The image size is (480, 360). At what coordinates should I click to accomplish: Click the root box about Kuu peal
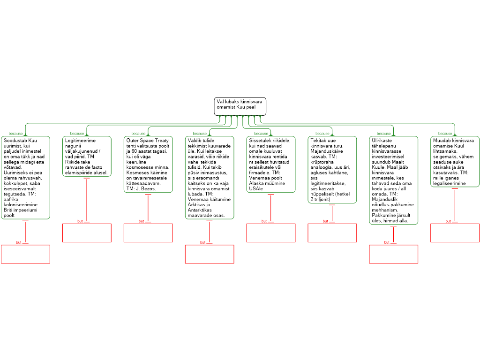[240, 106]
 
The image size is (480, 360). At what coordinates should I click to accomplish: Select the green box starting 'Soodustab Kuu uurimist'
[25, 178]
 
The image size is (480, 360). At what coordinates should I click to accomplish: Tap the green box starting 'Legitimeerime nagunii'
[87, 157]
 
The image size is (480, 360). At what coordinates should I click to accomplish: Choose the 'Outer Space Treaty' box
[148, 165]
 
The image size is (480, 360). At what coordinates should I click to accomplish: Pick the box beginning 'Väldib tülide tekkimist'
[210, 178]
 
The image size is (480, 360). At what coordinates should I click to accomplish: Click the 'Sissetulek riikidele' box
[271, 165]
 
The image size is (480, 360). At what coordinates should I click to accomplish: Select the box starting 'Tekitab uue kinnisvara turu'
[332, 170]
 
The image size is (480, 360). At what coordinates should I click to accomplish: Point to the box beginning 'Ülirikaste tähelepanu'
[393, 180]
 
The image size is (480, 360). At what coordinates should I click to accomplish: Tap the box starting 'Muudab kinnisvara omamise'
[455, 162]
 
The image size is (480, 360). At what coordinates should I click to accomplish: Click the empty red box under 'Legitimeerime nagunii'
[87, 233]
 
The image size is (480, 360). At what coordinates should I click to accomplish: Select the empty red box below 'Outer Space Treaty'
[148, 233]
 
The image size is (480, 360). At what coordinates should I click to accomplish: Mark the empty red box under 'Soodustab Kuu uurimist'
[25, 254]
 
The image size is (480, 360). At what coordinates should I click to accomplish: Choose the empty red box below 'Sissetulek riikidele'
[271, 233]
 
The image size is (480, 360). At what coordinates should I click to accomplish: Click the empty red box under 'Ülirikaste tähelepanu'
[393, 254]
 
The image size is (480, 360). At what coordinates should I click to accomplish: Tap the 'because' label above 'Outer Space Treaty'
[138, 134]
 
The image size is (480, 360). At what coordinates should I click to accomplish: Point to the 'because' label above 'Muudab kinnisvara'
[445, 134]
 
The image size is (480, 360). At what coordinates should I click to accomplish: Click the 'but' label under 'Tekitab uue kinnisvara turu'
[325, 221]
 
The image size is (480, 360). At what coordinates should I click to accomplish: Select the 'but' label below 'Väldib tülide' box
[202, 242]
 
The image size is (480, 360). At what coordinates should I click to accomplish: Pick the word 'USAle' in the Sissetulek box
[256, 188]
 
